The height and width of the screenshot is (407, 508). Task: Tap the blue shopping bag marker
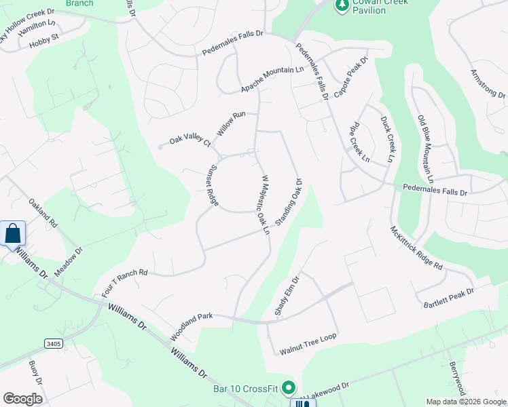[13, 234]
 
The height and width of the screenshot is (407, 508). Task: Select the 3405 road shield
[54, 344]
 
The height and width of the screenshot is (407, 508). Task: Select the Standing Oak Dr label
[288, 202]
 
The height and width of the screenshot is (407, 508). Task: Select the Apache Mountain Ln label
[272, 80]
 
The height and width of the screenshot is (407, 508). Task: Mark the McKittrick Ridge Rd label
[416, 248]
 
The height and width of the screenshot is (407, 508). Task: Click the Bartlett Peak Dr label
[448, 296]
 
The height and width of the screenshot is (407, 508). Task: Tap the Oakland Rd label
[43, 213]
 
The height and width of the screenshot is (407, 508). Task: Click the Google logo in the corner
[22, 398]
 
